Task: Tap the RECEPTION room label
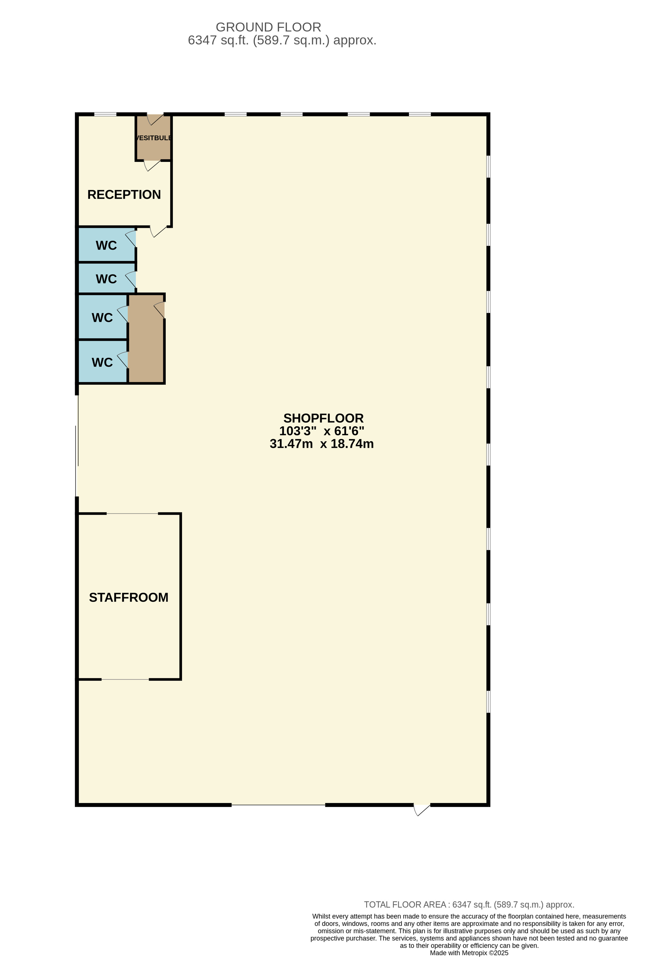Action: [x=124, y=194]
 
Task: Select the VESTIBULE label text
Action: [x=154, y=138]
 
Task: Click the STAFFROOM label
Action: [x=129, y=597]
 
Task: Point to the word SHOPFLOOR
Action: [x=323, y=418]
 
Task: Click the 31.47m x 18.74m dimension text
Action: [x=322, y=444]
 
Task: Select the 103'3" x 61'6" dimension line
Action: [x=322, y=431]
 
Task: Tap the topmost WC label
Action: [x=106, y=245]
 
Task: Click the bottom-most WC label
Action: [x=102, y=362]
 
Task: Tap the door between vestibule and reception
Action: [x=152, y=166]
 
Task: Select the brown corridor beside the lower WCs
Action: [x=146, y=338]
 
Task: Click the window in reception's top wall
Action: [x=105, y=114]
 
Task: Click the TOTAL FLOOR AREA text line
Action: [x=469, y=905]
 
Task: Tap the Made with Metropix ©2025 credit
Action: [x=469, y=953]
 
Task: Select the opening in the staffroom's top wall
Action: [x=132, y=514]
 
